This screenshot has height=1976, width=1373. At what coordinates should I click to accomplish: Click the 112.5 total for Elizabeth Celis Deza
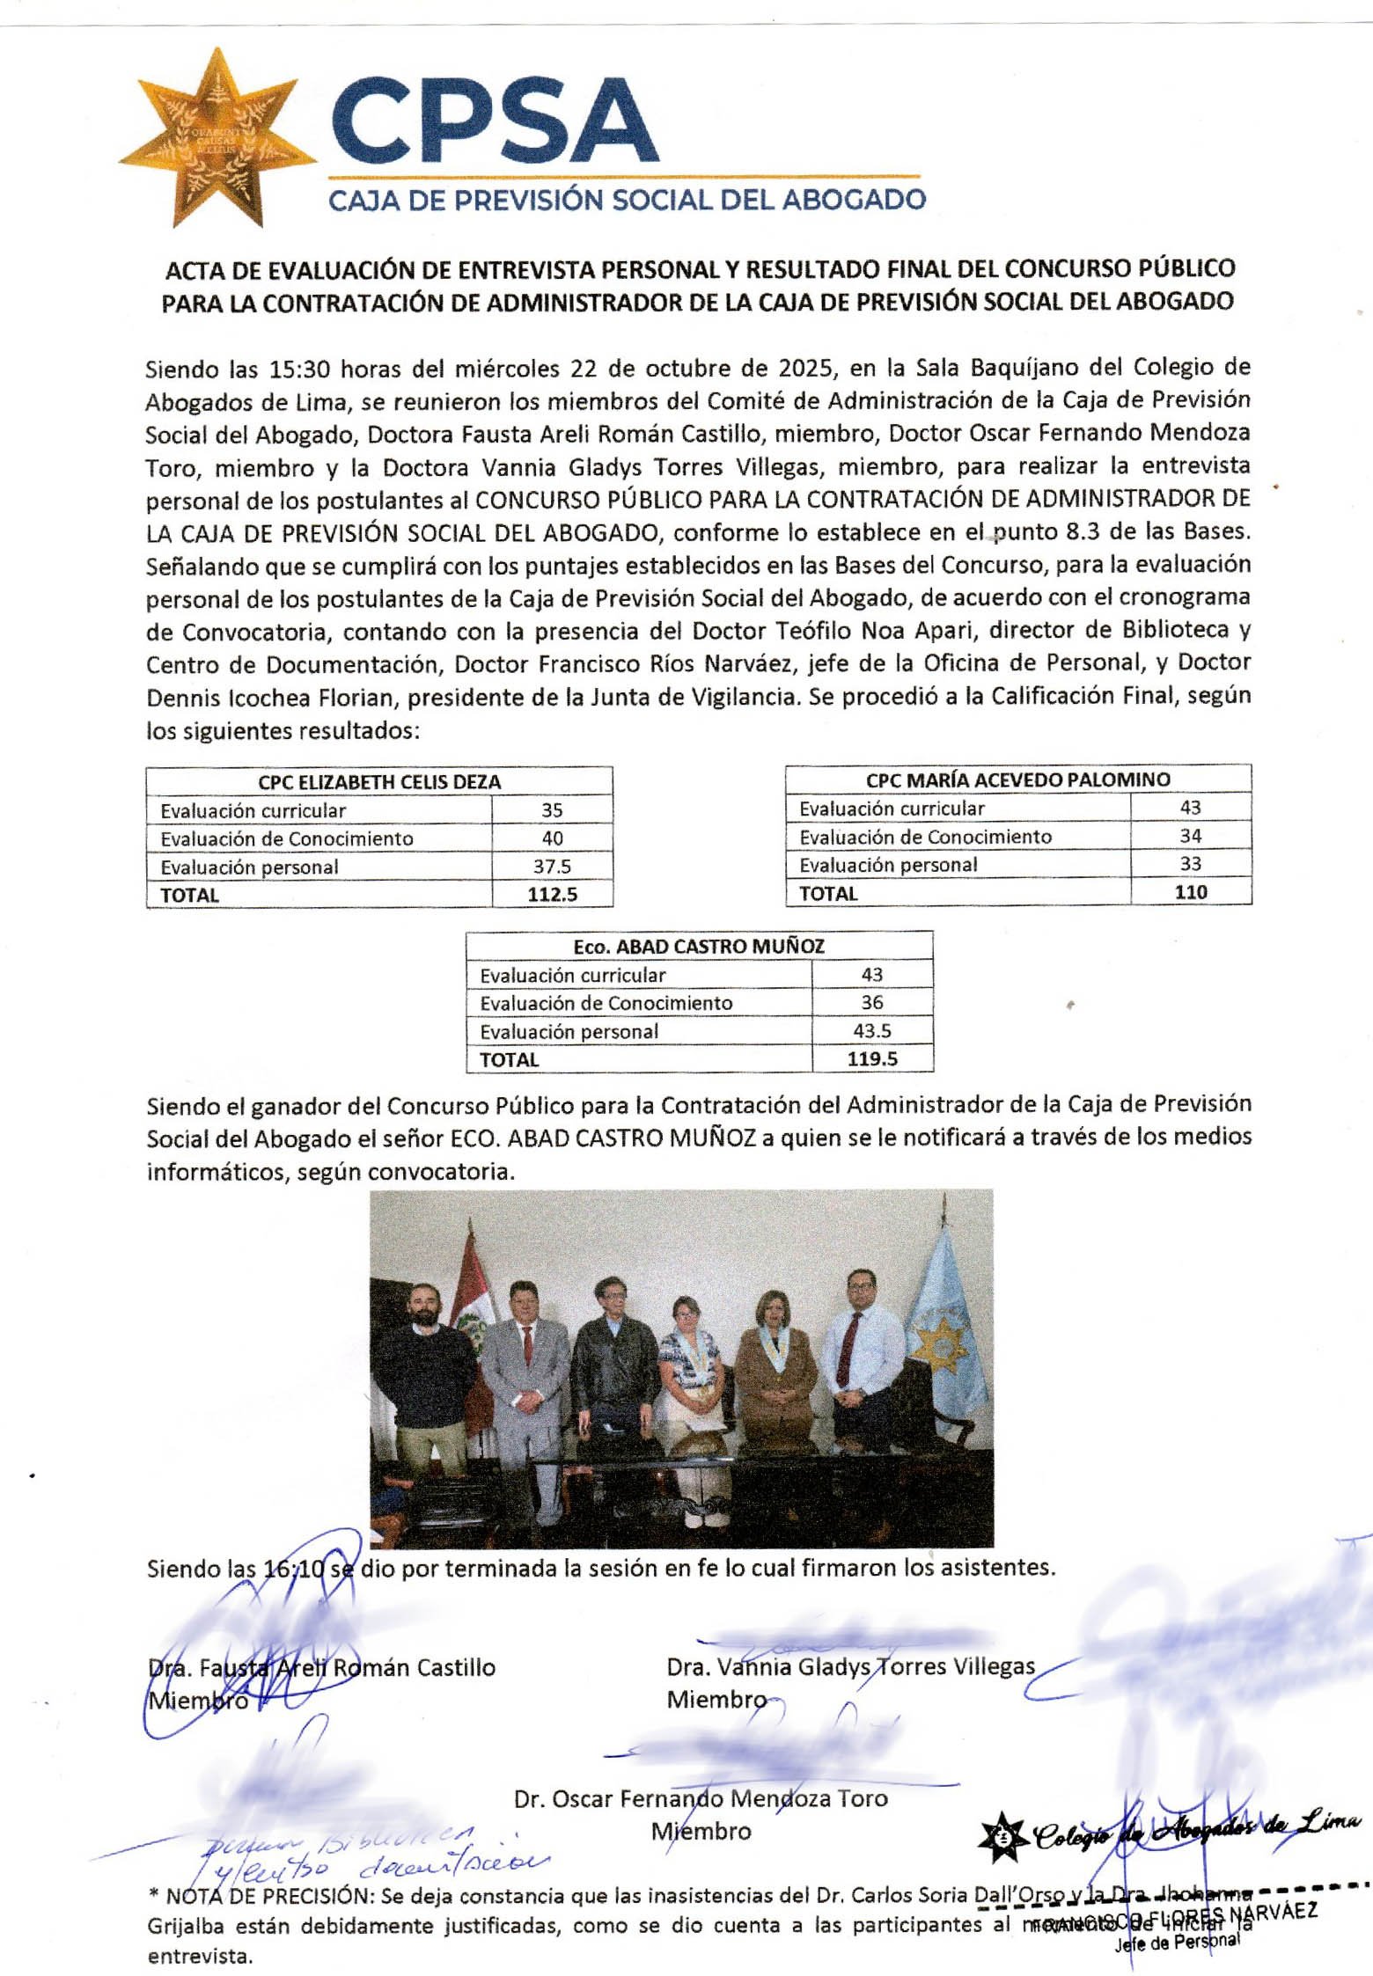(x=552, y=895)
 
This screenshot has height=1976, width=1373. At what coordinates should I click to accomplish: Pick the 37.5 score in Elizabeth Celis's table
(x=552, y=867)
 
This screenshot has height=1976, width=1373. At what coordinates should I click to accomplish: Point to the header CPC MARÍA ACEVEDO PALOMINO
(x=1017, y=779)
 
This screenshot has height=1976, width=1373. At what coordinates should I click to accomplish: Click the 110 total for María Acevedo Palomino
(x=1190, y=892)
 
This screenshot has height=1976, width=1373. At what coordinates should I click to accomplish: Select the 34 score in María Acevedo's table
(x=1190, y=836)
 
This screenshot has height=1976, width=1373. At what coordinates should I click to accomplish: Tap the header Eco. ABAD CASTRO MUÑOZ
(x=699, y=947)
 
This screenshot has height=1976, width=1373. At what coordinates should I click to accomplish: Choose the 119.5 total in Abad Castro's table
(x=871, y=1059)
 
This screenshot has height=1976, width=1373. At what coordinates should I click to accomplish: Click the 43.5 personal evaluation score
(x=871, y=1031)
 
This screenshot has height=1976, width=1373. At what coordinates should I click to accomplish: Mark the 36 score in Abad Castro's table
(x=871, y=1003)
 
